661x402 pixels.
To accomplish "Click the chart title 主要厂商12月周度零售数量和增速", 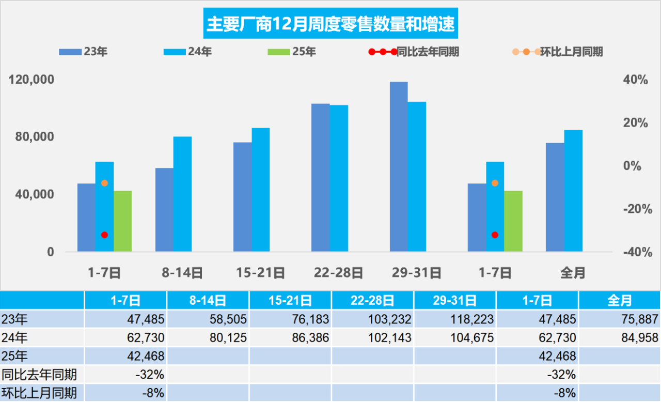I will tap(330, 23).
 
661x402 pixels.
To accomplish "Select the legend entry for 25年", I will tap(292, 52).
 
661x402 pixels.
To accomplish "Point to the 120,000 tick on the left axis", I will tap(32, 80).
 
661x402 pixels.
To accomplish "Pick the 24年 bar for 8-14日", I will tap(182, 194).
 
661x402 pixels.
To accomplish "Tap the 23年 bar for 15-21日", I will tap(242, 196).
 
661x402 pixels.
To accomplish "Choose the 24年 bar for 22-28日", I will tap(339, 178).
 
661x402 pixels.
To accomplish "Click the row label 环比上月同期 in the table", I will tap(39, 393).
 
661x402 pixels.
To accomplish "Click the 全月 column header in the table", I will tap(620, 300).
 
